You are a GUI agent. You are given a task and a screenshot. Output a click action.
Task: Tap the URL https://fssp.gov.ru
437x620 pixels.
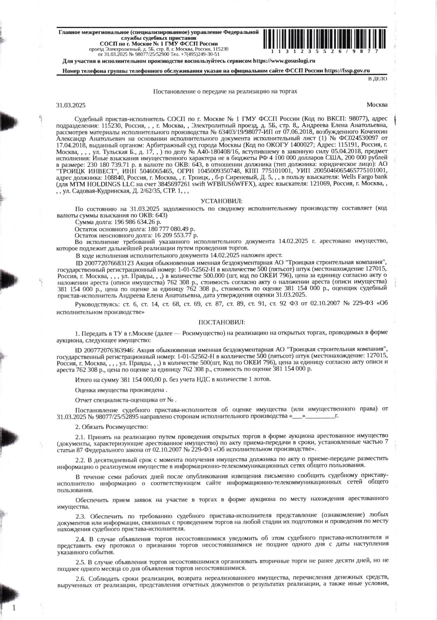tap(347, 71)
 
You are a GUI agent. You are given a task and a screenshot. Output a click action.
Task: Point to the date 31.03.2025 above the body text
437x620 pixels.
tap(71, 105)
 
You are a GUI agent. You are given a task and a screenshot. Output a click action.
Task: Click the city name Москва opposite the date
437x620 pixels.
tap(377, 105)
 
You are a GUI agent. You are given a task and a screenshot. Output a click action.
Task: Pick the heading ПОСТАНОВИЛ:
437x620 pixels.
tap(221, 322)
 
